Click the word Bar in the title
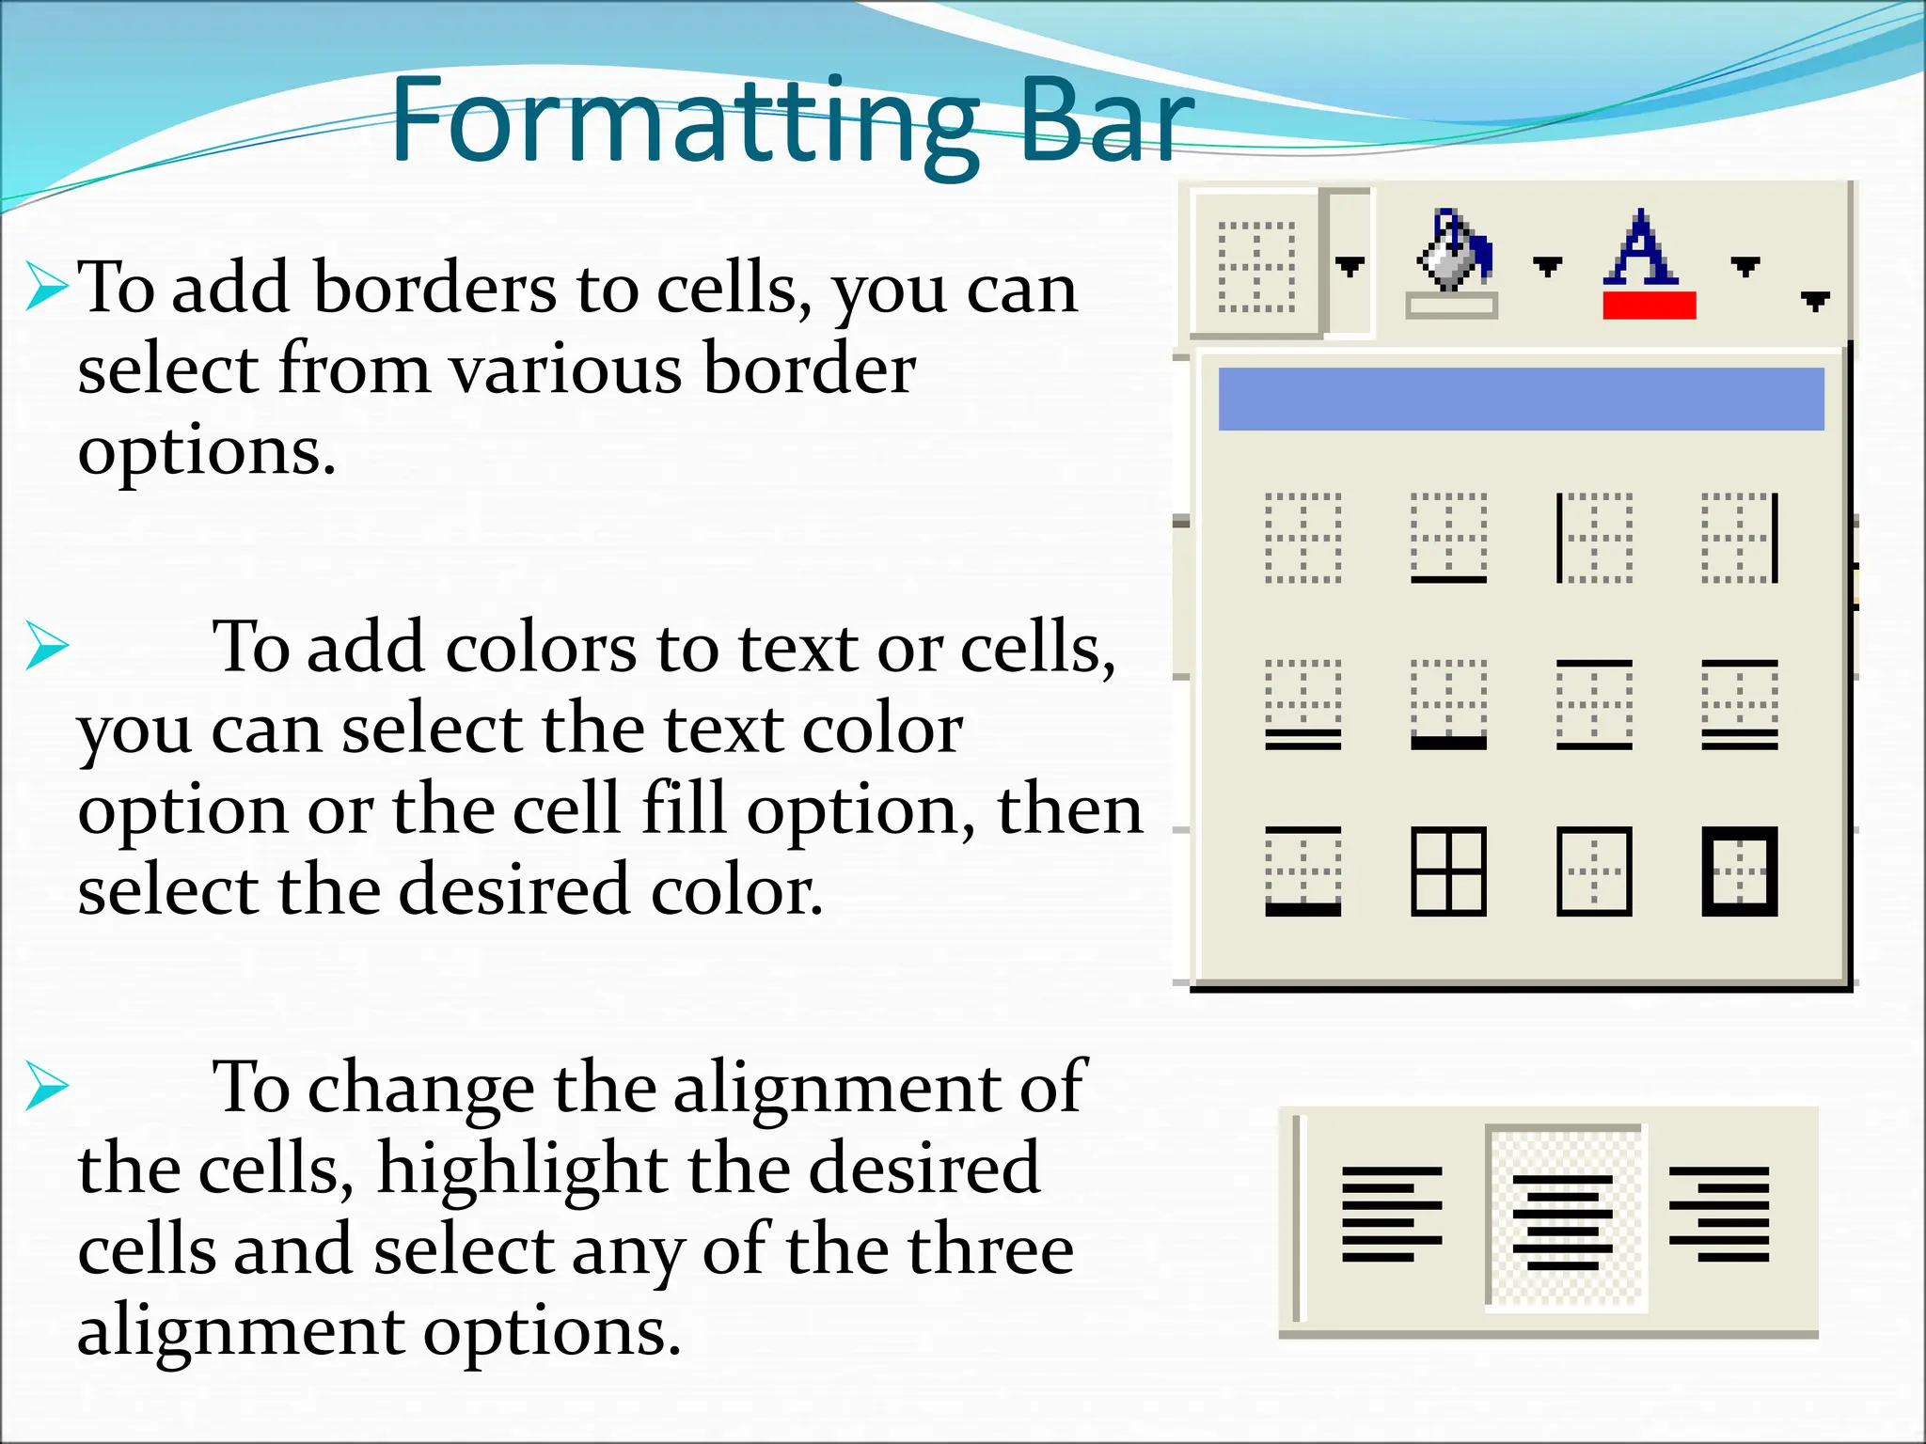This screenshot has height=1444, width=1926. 1104,122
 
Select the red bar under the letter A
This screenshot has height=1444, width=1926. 1649,306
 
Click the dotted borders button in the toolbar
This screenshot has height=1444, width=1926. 1256,266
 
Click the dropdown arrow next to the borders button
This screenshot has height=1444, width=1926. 1350,266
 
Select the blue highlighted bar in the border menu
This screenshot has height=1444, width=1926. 1521,400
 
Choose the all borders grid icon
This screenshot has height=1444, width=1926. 1448,871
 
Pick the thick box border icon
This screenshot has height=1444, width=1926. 1740,871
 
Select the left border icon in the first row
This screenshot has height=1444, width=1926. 1594,538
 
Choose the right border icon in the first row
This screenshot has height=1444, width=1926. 1740,538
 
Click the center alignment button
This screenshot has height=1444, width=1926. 1562,1219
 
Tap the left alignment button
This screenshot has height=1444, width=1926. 1392,1214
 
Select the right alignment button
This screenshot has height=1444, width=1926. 1719,1214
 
